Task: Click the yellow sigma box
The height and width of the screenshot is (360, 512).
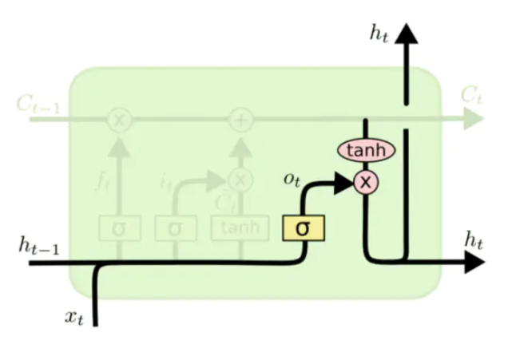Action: point(302,228)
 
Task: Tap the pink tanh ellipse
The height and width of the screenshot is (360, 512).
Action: point(366,150)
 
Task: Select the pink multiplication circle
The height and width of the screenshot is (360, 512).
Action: point(366,183)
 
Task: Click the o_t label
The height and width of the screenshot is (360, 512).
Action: point(292,179)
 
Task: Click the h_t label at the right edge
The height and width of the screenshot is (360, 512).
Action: point(474,238)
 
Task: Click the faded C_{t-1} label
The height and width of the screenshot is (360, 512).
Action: point(37,105)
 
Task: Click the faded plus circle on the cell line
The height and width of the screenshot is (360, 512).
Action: point(240,120)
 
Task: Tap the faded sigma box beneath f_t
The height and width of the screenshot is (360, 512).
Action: point(120,228)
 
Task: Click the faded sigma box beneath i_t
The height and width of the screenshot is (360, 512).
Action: point(176,228)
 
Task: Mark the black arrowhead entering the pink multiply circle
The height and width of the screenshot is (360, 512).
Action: point(344,183)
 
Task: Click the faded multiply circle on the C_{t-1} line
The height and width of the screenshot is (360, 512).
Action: point(120,120)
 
